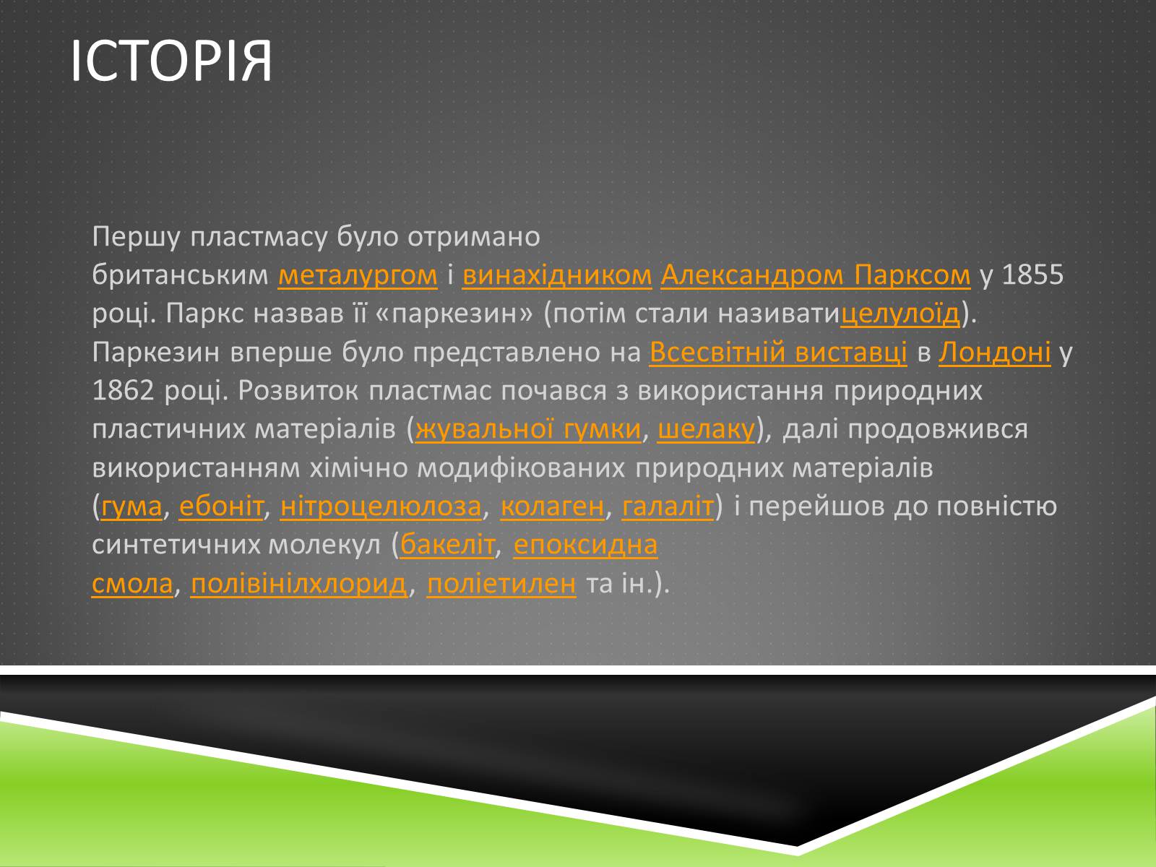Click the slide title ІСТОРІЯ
click(171, 61)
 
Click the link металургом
click(358, 275)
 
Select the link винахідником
click(556, 275)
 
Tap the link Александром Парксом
click(815, 275)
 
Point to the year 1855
click(1032, 275)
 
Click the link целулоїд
click(900, 314)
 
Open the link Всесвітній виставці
click(778, 352)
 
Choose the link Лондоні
click(994, 352)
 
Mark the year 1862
click(123, 391)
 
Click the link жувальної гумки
click(528, 429)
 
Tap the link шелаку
click(706, 429)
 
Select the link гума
click(131, 506)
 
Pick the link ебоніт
click(221, 506)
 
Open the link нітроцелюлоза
click(381, 506)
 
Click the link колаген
click(552, 506)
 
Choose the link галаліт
click(668, 506)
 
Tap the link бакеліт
click(447, 545)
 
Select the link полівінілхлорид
click(299, 584)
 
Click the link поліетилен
click(501, 584)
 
